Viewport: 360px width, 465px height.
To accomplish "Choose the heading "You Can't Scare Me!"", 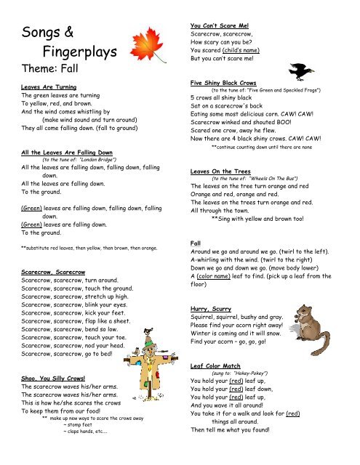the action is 220,27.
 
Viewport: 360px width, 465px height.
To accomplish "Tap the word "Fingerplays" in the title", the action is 68,53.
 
